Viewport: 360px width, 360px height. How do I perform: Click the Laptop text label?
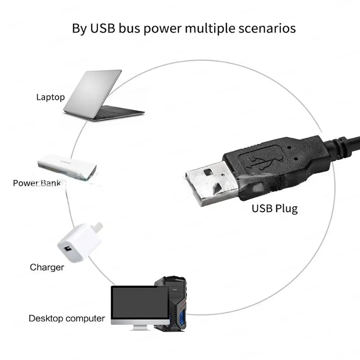(50, 97)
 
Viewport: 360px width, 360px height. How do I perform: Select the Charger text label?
(47, 267)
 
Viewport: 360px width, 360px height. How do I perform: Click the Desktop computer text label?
(67, 319)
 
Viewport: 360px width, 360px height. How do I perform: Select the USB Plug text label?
(274, 209)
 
